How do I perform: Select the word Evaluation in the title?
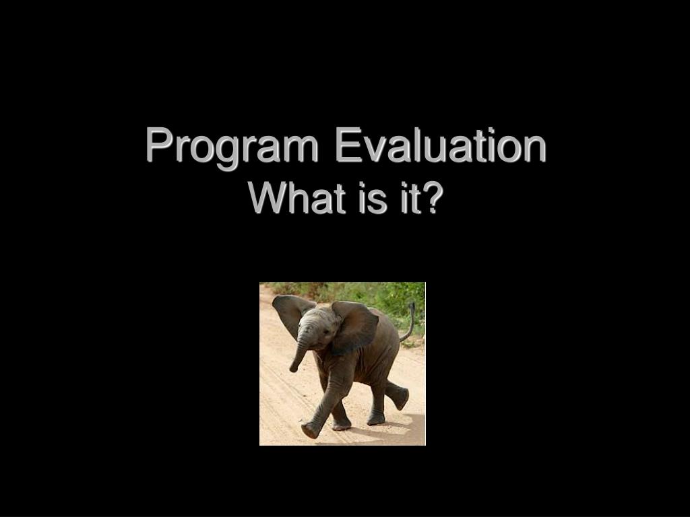point(441,145)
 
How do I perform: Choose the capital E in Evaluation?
point(348,144)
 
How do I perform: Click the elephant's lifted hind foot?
point(400,396)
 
